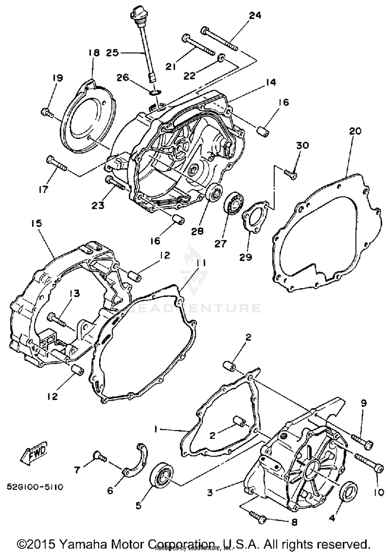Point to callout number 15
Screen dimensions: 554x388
pos(37,223)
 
